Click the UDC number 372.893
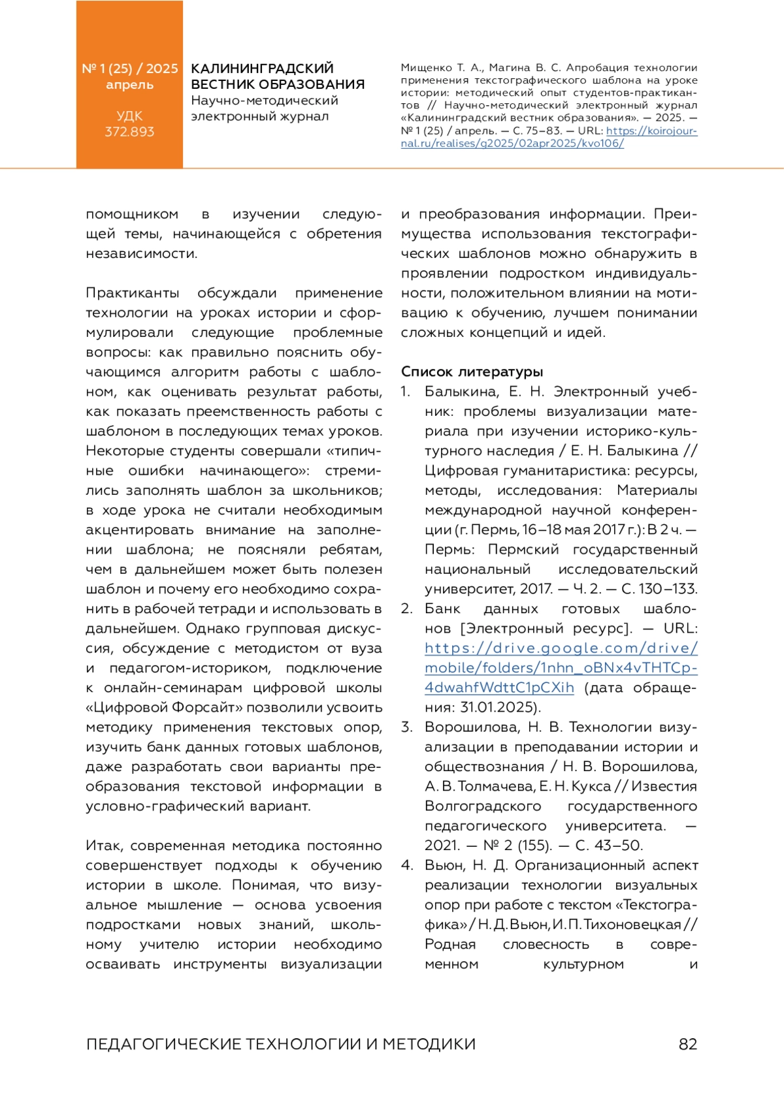point(129,132)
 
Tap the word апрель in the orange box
point(129,85)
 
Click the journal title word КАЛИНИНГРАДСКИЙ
point(262,69)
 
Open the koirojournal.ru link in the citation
point(549,137)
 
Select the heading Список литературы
point(472,372)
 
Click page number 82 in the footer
point(688,1044)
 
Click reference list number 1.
point(405,392)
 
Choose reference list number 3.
point(406,727)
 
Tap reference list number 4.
point(406,866)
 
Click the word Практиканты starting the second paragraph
point(132,293)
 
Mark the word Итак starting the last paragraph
point(105,846)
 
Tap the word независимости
point(141,254)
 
